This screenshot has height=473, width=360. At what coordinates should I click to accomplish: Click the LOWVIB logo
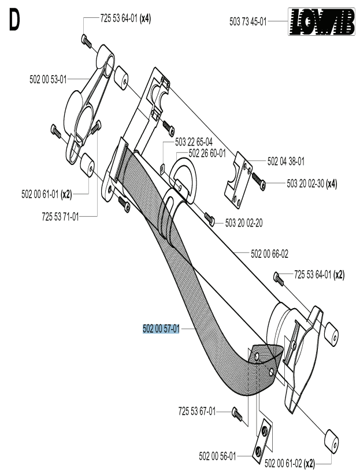tap(322, 22)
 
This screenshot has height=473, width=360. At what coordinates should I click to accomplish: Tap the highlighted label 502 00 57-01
tap(161, 329)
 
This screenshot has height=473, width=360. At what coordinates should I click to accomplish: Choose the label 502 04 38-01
tap(286, 161)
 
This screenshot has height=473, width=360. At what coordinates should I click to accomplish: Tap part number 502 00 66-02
tap(270, 253)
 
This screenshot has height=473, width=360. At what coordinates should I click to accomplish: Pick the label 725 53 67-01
tap(197, 411)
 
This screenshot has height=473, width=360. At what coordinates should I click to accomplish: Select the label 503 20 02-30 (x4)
tap(311, 184)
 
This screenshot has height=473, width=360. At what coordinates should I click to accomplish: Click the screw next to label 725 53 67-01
tap(235, 412)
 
